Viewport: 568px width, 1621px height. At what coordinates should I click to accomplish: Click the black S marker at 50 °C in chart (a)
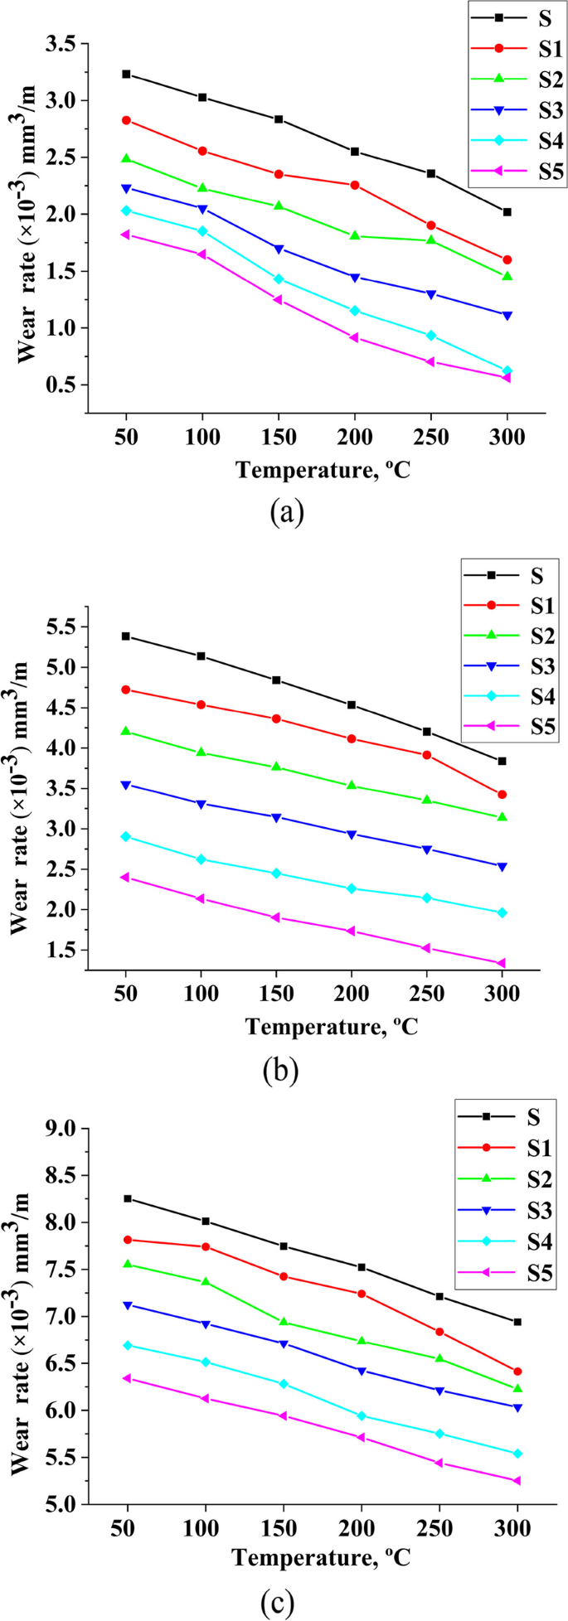coord(126,74)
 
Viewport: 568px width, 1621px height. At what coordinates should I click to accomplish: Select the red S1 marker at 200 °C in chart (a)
coord(355,185)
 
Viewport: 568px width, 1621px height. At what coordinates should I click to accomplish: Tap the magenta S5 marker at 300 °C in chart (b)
coord(501,963)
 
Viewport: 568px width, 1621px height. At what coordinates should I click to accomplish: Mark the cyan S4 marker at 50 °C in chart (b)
coord(125,836)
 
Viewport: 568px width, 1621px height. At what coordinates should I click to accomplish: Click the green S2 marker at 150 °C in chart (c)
coord(284,1322)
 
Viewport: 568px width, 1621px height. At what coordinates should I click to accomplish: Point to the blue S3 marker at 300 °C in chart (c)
coord(517,1407)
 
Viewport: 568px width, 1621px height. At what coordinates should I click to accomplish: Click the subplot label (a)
coord(287,514)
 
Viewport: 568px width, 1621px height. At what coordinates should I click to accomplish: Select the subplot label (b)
coord(280,1072)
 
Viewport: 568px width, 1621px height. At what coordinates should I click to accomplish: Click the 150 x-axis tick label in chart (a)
coord(278,438)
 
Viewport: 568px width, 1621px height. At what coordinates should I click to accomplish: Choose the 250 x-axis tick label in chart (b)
coord(426,994)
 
